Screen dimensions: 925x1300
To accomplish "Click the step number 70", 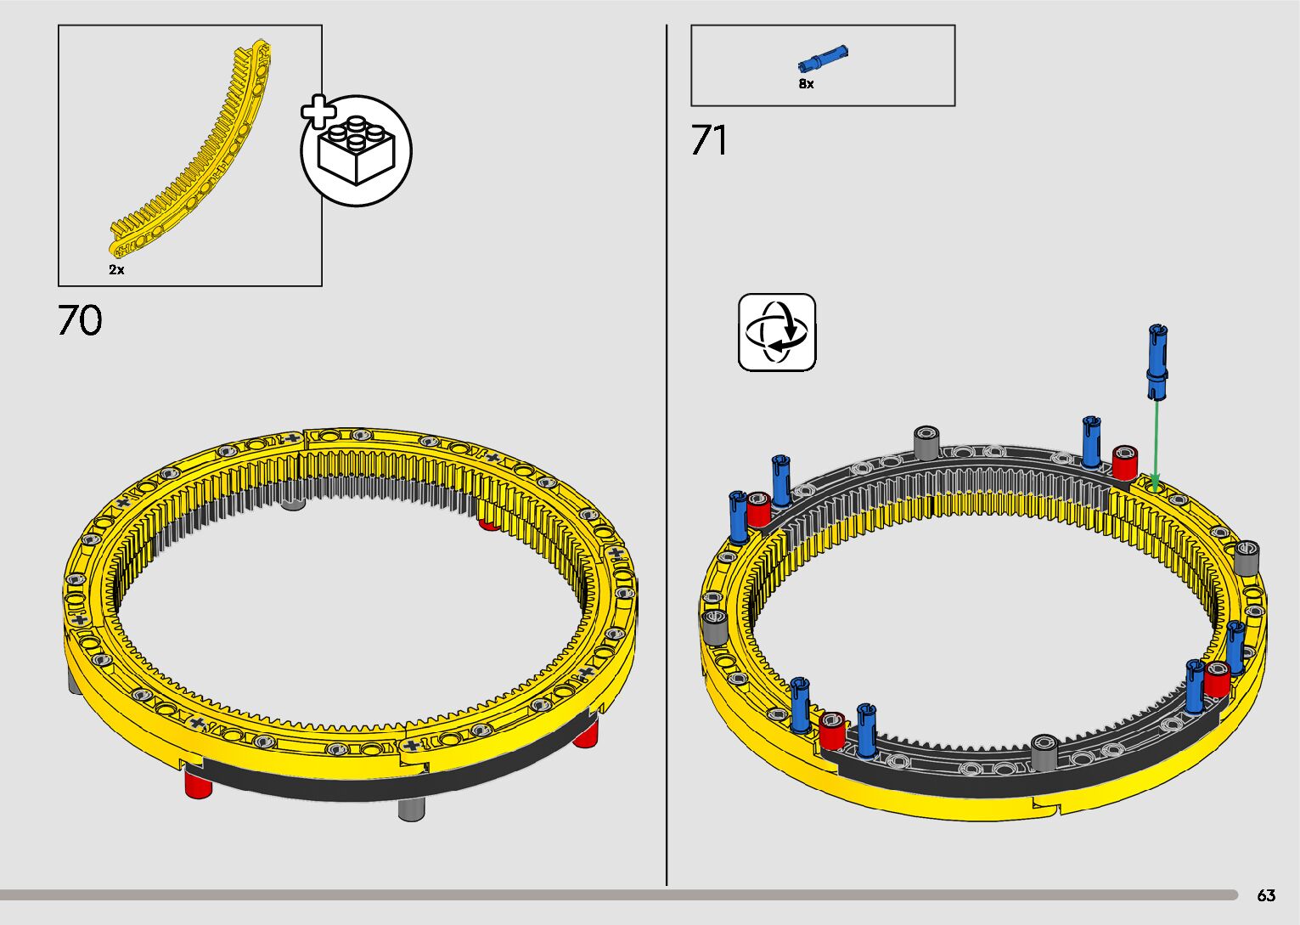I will pos(80,321).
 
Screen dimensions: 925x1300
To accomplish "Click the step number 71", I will pos(709,141).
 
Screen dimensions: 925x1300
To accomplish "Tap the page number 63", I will pos(1266,895).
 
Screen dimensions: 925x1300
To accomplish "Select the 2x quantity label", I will pos(116,270).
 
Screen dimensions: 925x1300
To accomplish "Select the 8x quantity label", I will pos(806,84).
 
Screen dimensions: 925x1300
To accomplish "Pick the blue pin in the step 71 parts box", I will pos(823,60).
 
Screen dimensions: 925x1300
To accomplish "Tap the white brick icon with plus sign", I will pos(356,150).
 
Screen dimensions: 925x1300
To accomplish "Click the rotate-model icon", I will pos(777,332).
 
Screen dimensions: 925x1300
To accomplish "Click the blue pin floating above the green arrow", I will pos(1156,361).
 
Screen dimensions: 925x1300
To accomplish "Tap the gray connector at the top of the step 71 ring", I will pos(926,443).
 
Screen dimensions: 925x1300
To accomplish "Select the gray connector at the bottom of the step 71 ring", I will pos(1044,753).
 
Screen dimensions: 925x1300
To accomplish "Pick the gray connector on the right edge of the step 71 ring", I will pos(1247,557).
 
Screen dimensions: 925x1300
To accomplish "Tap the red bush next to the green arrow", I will pos(1125,462).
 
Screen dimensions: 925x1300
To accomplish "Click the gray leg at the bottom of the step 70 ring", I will pos(411,809).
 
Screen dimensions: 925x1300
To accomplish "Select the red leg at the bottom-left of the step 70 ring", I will pos(199,782).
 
